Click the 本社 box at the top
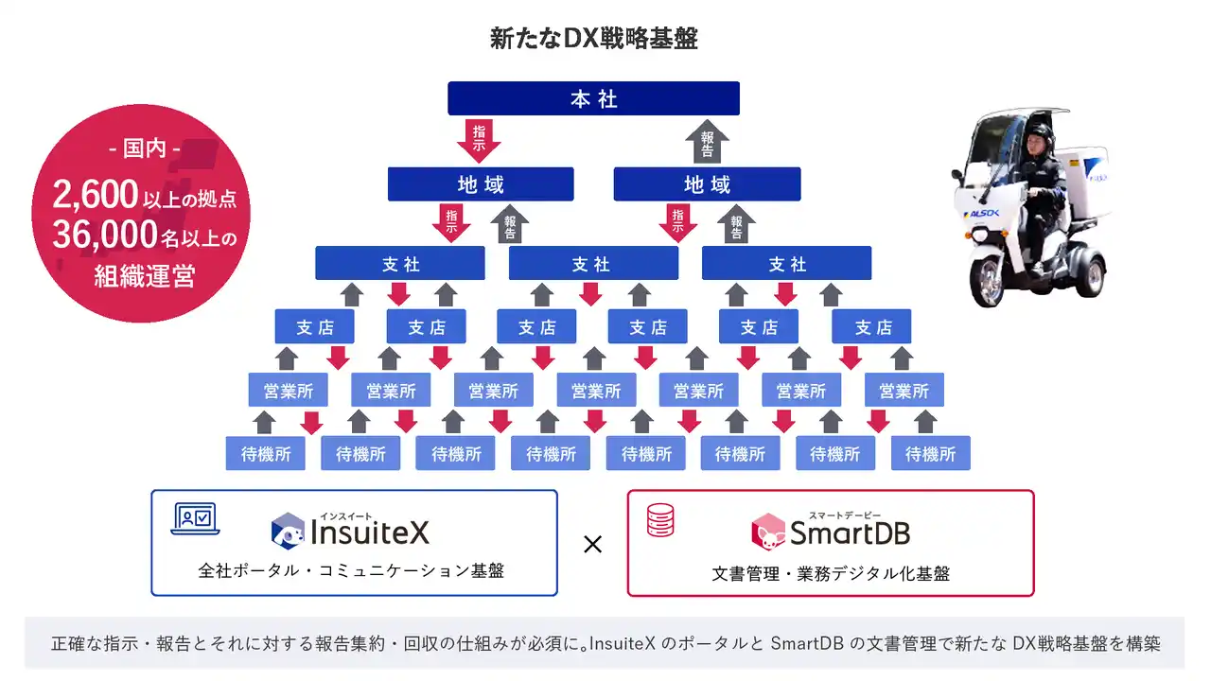593,98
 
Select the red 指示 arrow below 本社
479,139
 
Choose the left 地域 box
481,184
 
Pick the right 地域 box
707,184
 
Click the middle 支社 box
593,264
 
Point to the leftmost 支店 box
315,327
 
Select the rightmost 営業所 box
904,391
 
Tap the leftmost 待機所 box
266,454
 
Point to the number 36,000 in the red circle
104,234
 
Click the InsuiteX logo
350,531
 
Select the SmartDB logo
830,532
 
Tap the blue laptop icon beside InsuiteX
195,519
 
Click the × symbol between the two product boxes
593,544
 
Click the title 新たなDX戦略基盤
593,39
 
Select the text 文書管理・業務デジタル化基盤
830,573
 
